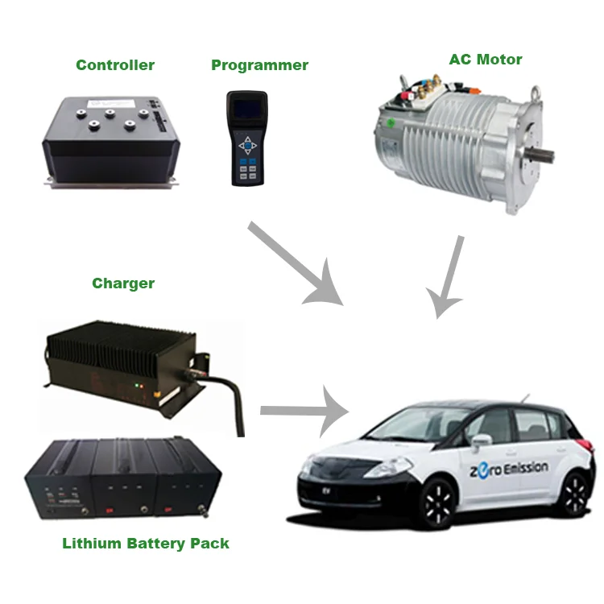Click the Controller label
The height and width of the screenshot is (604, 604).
pos(114,65)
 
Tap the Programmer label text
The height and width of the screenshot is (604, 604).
pos(259,65)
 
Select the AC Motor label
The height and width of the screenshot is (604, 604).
pos(485,60)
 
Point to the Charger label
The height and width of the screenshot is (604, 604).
pos(122,283)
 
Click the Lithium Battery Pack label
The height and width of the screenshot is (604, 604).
pos(145,544)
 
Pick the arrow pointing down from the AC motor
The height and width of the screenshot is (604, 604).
pos(448,279)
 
